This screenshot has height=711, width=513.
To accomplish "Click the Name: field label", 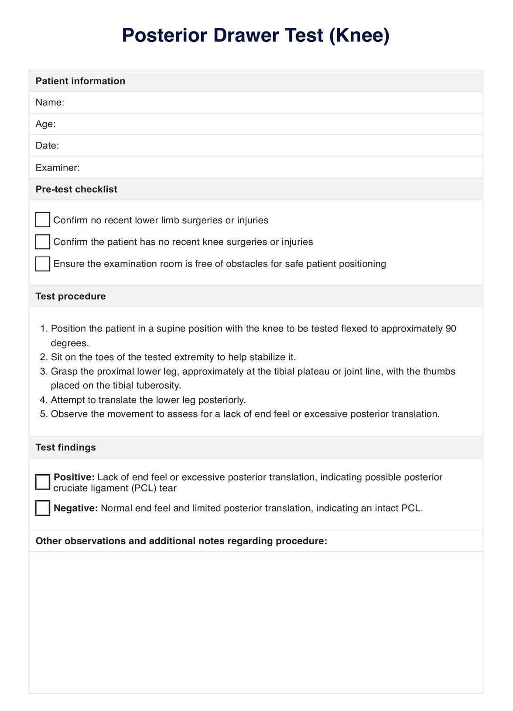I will pos(50,103).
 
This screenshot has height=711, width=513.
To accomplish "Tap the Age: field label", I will pos(45,124).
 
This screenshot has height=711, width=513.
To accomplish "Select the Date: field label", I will pos(47,146).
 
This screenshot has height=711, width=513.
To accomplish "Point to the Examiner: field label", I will pos(58,167).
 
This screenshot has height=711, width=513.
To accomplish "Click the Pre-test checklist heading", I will pos(76,189).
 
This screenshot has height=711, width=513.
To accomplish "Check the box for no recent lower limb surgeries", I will pos(42,220).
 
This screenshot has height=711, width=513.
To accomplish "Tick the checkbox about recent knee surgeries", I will pos(42,242).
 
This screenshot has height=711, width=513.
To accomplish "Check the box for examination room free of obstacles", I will pos(42,263).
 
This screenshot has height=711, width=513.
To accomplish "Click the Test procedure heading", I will pos(71,296).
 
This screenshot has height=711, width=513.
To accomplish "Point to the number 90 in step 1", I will pos(451,328).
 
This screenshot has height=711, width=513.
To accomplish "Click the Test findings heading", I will pos(65,448).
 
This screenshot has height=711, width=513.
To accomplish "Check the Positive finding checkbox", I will pos(42,482).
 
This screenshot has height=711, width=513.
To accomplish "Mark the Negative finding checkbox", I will pos(42,508).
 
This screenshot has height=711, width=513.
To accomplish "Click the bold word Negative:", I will pos(75,508).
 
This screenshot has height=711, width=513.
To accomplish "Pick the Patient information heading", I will pos(80,81).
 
